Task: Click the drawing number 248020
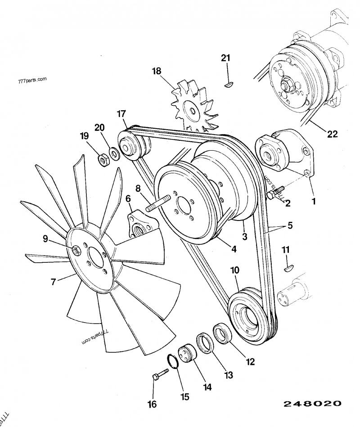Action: [x=312, y=404]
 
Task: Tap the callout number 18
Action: [x=156, y=71]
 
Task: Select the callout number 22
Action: [x=332, y=134]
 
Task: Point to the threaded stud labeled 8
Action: [x=157, y=202]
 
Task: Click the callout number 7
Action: [x=53, y=282]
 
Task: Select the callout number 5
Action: [x=290, y=225]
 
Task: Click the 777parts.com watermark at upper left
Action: [x=32, y=82]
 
